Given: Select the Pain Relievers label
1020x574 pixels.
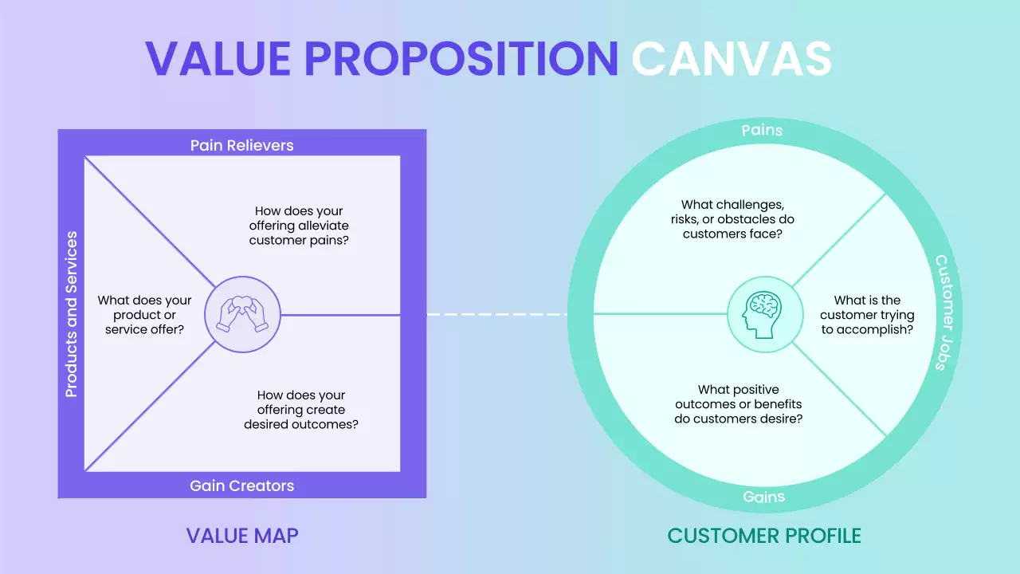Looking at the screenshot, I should [241, 145].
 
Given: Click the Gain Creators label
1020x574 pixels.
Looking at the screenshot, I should [241, 486].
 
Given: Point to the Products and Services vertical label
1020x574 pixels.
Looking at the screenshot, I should [72, 314].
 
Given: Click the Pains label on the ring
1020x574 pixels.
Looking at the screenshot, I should [762, 130].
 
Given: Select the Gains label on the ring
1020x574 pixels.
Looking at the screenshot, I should [763, 497].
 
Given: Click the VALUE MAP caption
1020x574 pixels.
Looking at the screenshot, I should [242, 535].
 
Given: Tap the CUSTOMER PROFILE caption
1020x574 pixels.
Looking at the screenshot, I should [764, 535].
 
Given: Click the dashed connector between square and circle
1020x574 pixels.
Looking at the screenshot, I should [496, 314].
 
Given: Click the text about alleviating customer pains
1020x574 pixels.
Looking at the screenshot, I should [299, 226].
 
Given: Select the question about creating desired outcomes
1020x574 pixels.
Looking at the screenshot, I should [300, 410].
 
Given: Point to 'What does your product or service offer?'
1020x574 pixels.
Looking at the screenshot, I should [144, 314].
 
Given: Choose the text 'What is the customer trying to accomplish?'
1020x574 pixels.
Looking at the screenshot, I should [867, 314].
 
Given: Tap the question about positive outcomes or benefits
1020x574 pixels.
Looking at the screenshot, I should [738, 404].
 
